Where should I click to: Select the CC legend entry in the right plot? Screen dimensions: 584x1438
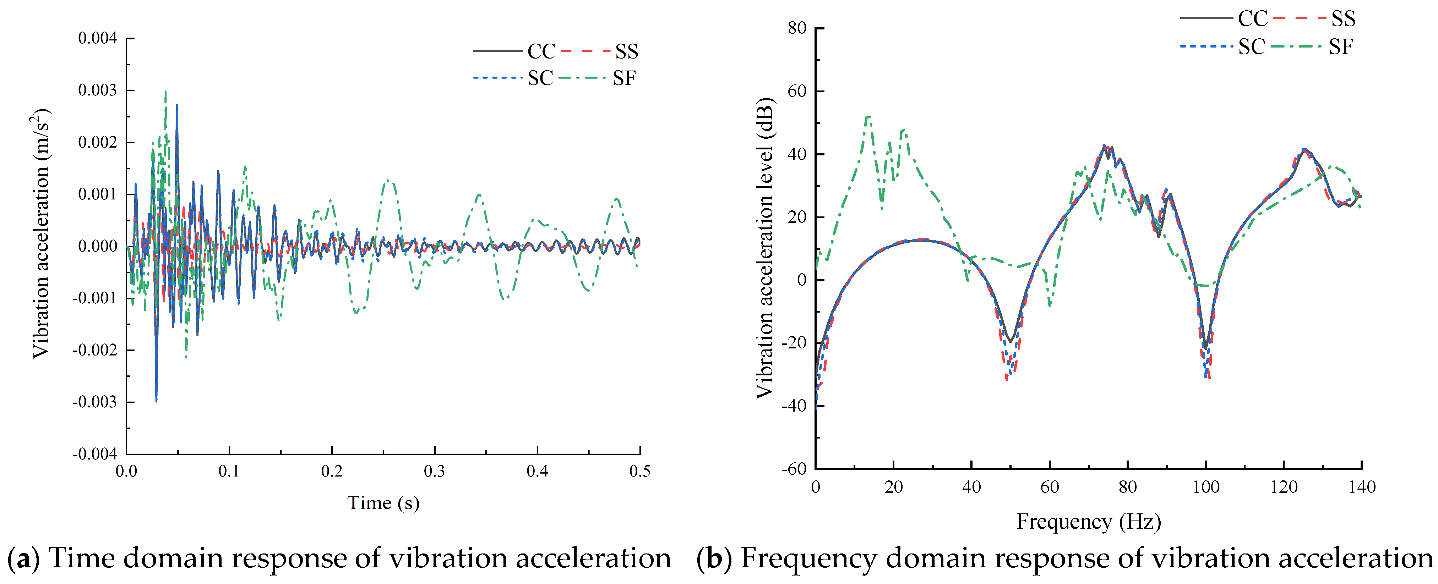coord(1253,19)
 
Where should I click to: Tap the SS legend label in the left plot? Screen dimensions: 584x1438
coord(626,51)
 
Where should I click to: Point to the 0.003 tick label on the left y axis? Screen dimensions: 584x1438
coord(98,90)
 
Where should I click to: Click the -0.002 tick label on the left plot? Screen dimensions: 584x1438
coord(95,350)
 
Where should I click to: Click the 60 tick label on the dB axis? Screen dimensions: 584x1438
coord(797,92)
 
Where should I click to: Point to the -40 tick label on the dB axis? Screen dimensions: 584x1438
coord(794,406)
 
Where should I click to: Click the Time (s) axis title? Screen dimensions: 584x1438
coord(383,503)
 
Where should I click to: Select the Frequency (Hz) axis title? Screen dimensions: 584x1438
coord(1089,522)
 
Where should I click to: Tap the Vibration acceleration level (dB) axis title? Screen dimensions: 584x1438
coord(765,248)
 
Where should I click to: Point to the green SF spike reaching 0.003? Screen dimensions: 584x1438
coord(165,93)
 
